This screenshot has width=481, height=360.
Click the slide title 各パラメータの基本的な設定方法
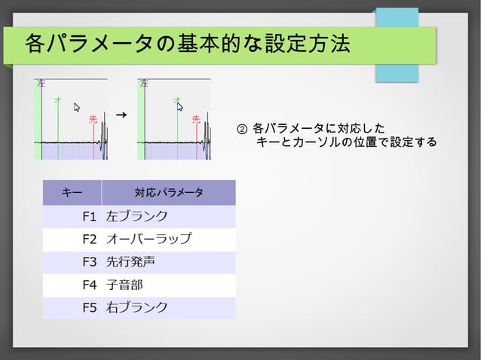[187, 44]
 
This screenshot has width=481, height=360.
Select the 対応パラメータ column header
[168, 193]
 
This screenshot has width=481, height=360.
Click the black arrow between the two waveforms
[121, 114]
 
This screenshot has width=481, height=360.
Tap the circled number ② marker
[241, 127]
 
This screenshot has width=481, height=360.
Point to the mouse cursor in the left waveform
[77, 108]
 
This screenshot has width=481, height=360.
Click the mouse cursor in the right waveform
[180, 106]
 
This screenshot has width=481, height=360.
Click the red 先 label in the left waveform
[93, 119]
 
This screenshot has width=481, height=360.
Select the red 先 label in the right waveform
[196, 119]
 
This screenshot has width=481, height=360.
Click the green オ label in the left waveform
[57, 99]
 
